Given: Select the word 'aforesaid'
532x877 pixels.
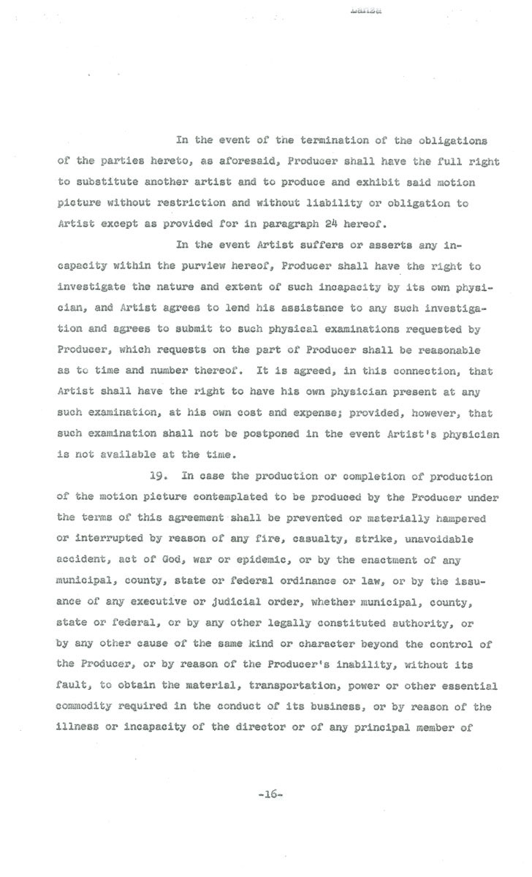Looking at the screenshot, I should tap(240, 160).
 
